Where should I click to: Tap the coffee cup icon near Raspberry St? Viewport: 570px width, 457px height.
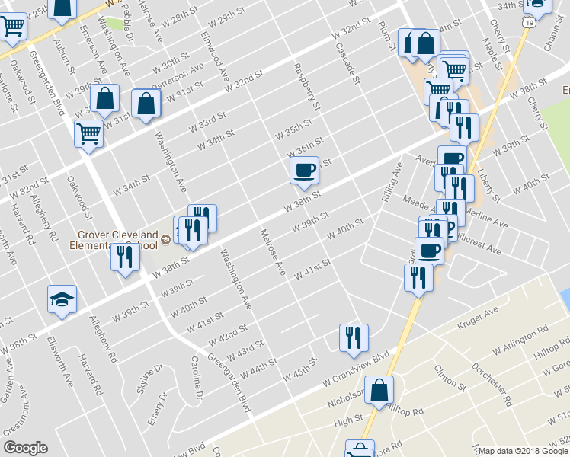305,170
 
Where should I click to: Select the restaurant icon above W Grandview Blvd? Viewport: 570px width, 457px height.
354,337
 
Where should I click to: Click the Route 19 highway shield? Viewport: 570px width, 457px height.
528,24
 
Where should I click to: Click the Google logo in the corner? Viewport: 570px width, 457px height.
25,447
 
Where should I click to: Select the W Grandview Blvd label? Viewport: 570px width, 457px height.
355,367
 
